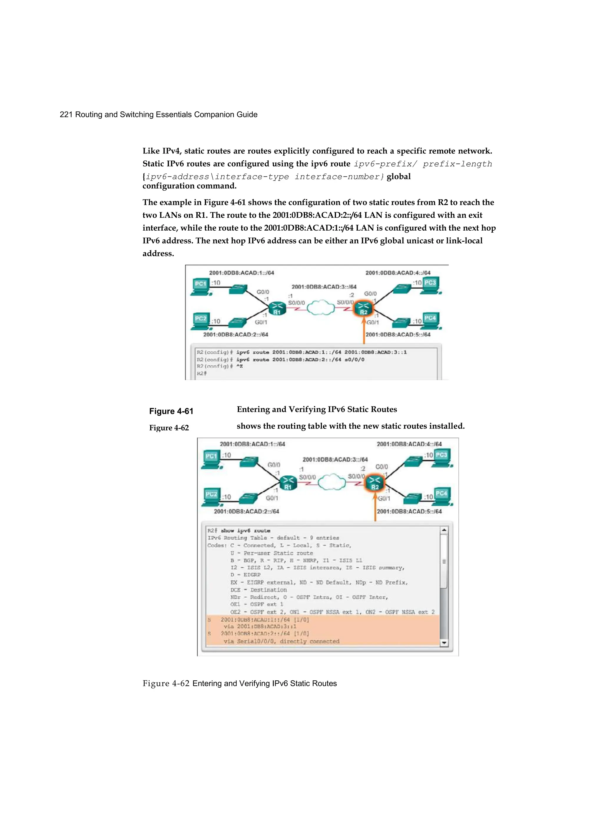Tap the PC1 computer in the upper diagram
(x=201, y=287)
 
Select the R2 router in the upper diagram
(x=363, y=308)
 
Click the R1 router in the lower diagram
(x=288, y=483)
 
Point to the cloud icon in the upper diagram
(x=321, y=308)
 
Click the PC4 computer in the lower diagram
(x=441, y=496)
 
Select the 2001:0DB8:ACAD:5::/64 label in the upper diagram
(x=398, y=335)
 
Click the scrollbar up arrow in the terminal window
(x=444, y=530)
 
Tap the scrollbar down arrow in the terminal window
(x=444, y=643)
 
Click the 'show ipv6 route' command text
(x=246, y=531)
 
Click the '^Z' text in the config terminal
(x=239, y=366)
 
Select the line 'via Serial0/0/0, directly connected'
(x=281, y=641)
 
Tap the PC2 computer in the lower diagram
(x=211, y=497)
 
